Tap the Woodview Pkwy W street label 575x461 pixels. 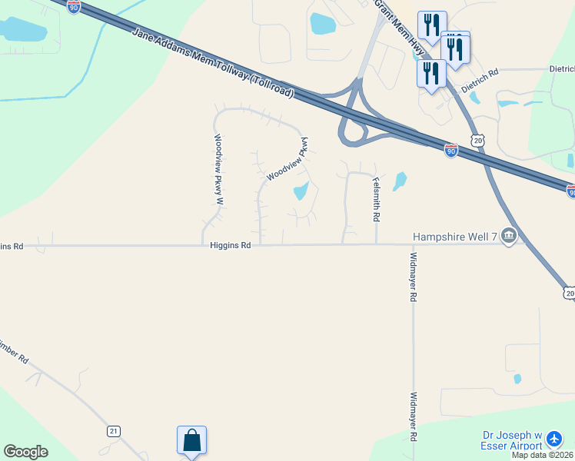coord(218,170)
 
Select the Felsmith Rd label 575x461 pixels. coord(376,199)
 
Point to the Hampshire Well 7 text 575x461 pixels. coord(455,236)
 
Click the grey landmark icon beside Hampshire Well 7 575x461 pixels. coord(508,236)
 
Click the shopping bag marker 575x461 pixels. coord(191,441)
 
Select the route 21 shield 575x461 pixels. coord(114,431)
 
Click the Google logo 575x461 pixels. coord(25,451)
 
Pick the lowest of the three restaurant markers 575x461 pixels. coord(431,74)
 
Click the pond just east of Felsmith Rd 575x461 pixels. coord(400,181)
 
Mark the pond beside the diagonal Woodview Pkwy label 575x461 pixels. coord(301,191)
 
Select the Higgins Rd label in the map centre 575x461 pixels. coord(230,246)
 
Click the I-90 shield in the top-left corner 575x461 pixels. coord(73,6)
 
